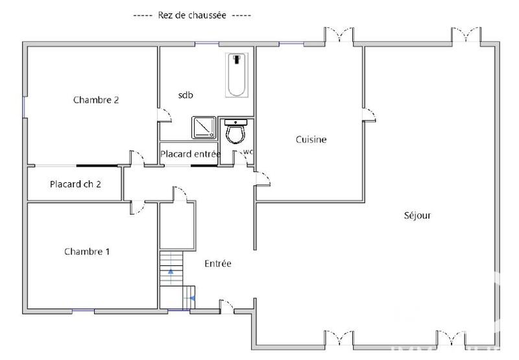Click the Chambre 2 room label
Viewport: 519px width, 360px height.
coord(95,100)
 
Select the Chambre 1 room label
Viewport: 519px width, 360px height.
coord(86,251)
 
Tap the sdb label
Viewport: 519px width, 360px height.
coord(186,95)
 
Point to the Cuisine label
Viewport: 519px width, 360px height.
coord(311,139)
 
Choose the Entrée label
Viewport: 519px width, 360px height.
coord(218,263)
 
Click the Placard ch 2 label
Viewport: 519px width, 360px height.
coord(75,184)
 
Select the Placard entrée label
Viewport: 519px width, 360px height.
coord(191,154)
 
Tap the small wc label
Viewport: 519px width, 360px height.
coord(248,152)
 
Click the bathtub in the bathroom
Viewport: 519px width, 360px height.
coord(237,75)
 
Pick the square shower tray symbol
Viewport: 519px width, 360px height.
coord(204,128)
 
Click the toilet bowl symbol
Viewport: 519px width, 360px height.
coord(234,132)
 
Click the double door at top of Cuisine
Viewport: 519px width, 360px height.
coord(340,36)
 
